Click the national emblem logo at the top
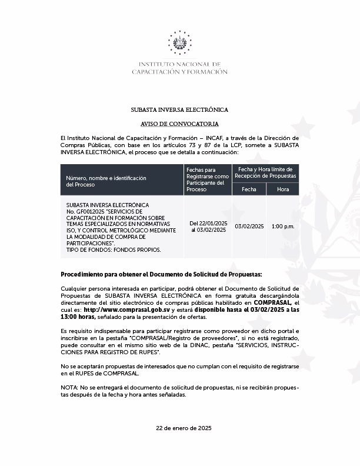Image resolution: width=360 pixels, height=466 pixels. pyautogui.click(x=179, y=43)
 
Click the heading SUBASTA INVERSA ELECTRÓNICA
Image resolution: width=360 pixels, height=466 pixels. pyautogui.click(x=179, y=110)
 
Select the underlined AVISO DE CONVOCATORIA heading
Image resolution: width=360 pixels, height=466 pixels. pyautogui.click(x=179, y=124)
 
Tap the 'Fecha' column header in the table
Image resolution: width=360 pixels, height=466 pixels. pyautogui.click(x=249, y=189)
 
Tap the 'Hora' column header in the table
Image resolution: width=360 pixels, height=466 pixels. pyautogui.click(x=283, y=189)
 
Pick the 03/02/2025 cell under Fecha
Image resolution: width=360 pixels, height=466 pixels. pyautogui.click(x=249, y=227)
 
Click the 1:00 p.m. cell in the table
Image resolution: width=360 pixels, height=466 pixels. pyautogui.click(x=283, y=227)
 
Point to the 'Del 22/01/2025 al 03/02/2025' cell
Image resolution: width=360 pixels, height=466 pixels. pyautogui.click(x=208, y=227)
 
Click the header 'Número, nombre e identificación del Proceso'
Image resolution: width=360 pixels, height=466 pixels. pyautogui.click(x=106, y=181)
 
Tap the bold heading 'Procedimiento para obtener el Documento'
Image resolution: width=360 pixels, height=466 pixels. pyautogui.click(x=162, y=275)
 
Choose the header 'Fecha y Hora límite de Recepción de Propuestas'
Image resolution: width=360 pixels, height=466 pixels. pyautogui.click(x=265, y=172)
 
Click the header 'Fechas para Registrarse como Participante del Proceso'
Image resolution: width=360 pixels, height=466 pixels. pyautogui.click(x=208, y=179)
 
